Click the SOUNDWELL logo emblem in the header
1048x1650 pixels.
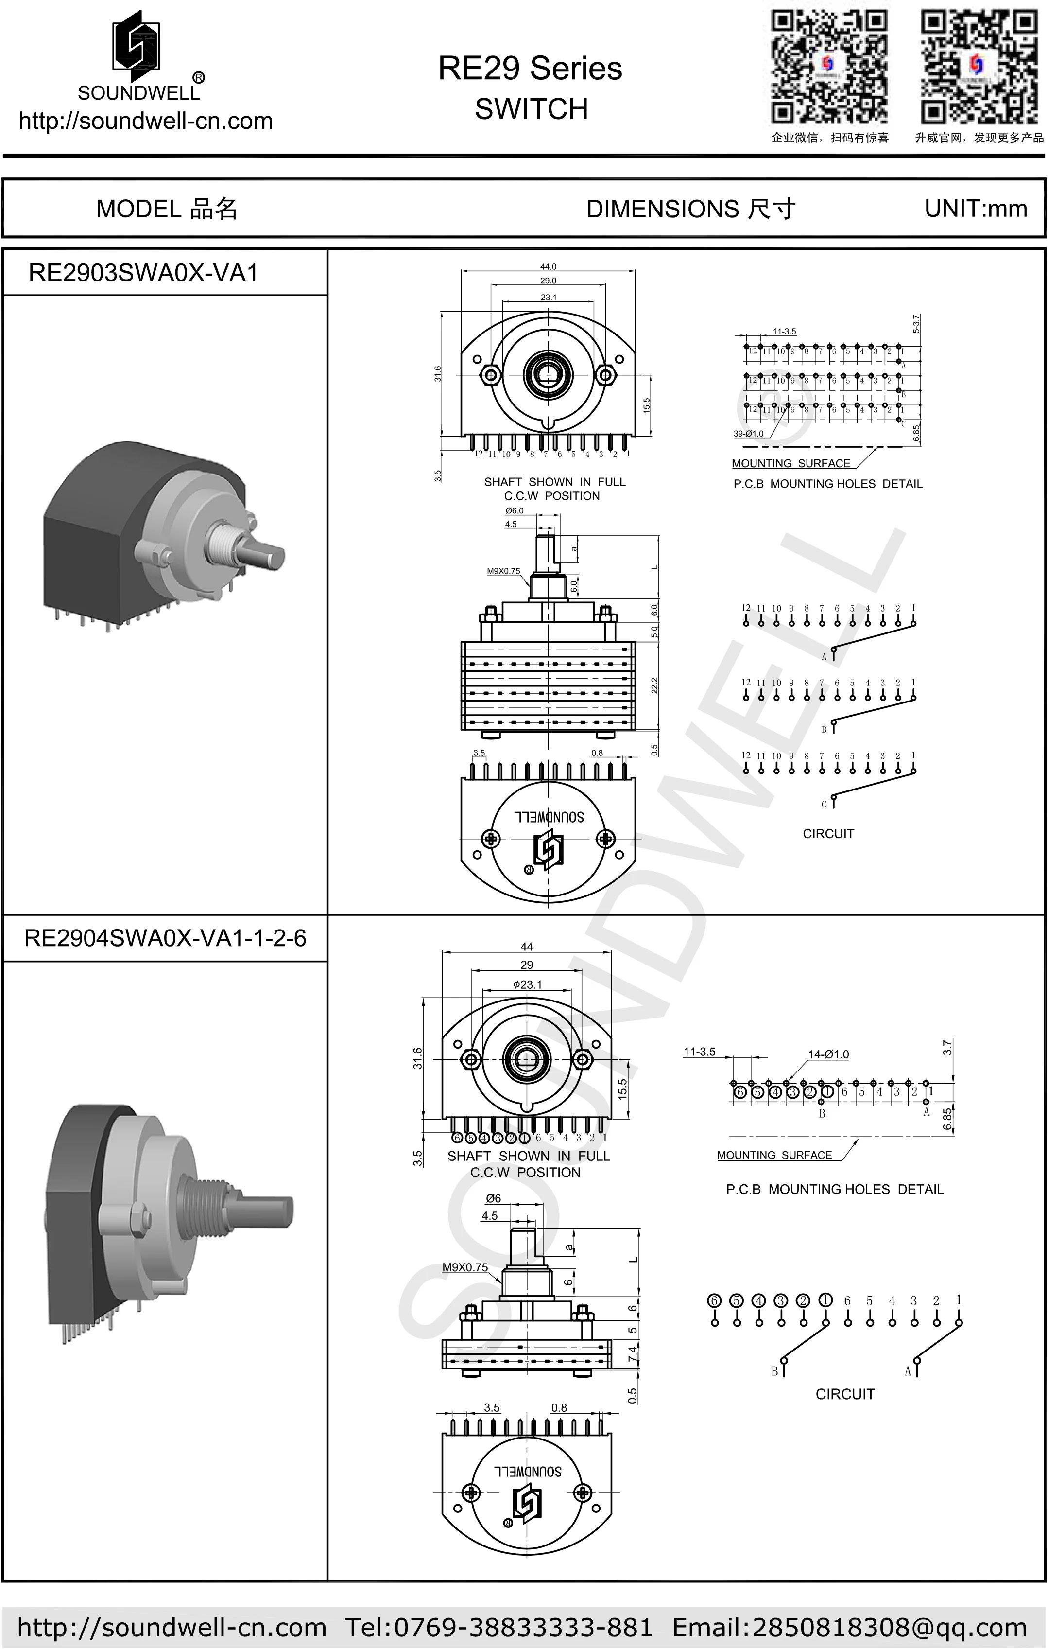click(x=137, y=42)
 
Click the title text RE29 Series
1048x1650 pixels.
click(x=530, y=69)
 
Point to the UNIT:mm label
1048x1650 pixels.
click(x=976, y=208)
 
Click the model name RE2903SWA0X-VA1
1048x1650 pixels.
click(x=143, y=273)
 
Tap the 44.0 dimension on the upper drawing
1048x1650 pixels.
click(x=548, y=266)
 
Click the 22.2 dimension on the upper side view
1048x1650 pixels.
click(x=654, y=685)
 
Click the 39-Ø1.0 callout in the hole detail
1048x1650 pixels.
click(x=748, y=434)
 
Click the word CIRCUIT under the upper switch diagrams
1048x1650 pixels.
click(x=828, y=834)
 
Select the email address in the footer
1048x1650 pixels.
click(x=849, y=1627)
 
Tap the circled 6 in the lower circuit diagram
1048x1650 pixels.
click(x=714, y=1300)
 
